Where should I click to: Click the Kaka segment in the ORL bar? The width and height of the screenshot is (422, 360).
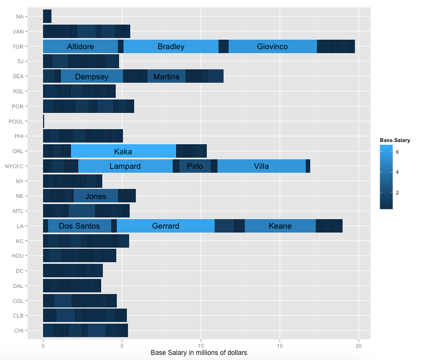click(123, 151)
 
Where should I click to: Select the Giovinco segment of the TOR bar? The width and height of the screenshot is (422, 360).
click(272, 46)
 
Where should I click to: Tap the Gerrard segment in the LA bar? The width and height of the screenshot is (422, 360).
click(165, 226)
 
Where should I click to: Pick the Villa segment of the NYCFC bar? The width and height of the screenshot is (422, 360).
click(261, 166)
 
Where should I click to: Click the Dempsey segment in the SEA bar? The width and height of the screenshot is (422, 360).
click(92, 76)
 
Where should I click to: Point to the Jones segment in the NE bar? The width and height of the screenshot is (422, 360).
click(96, 196)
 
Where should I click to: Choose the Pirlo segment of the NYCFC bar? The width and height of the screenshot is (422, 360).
click(195, 166)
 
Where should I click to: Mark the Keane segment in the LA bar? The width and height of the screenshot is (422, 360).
click(280, 226)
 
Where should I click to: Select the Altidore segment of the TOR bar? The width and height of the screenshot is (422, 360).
click(80, 46)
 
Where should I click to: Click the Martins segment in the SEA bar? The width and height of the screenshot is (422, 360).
click(167, 76)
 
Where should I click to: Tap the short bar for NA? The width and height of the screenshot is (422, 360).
click(47, 16)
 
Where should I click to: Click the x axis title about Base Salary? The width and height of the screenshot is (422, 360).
click(199, 353)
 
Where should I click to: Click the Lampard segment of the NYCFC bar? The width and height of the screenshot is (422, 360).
click(125, 166)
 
